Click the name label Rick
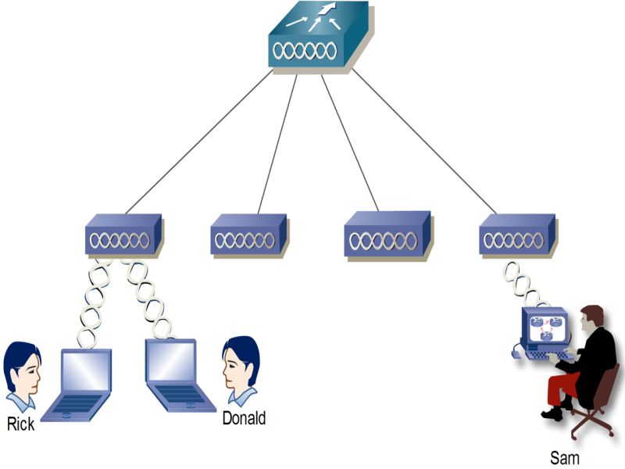tap(21, 425)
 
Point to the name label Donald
tap(244, 418)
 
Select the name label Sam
tap(565, 456)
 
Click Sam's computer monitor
tap(545, 326)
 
